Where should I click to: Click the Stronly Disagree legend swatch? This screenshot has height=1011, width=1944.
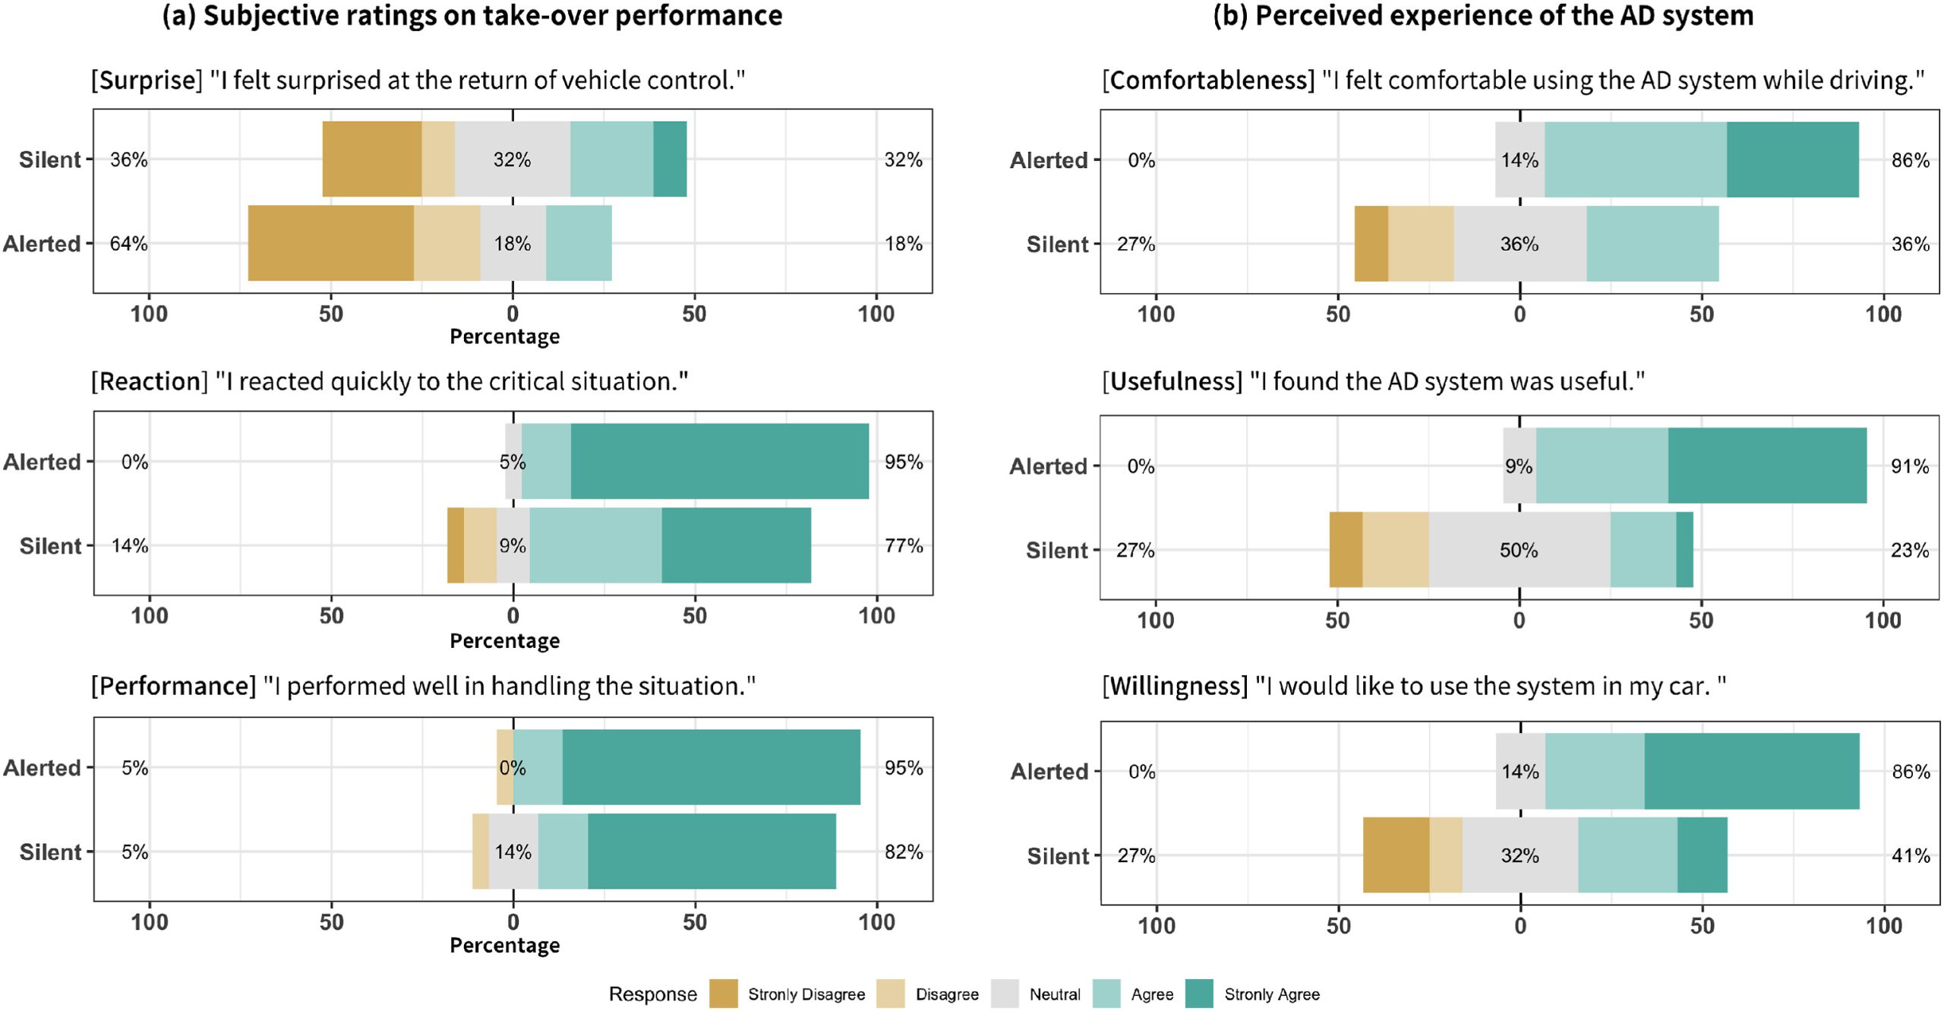click(723, 994)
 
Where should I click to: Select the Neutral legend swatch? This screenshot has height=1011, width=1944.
click(1004, 994)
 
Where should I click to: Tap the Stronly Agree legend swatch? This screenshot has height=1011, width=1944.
click(1199, 994)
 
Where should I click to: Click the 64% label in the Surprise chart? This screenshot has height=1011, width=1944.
click(128, 244)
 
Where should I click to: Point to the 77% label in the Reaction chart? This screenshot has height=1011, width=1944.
click(903, 545)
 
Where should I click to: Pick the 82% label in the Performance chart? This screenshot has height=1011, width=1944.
click(903, 851)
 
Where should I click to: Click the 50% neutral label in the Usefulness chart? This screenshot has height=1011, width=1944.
click(1518, 550)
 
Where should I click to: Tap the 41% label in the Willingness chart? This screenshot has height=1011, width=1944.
click(1911, 855)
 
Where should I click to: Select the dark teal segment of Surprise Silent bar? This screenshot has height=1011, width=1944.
click(670, 159)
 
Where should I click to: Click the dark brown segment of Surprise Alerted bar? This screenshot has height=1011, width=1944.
click(330, 243)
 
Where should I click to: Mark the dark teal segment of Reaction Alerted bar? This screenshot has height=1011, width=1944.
click(719, 461)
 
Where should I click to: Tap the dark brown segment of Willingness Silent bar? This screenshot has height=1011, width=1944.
click(1396, 855)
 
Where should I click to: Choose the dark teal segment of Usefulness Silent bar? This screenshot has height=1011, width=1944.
click(1684, 549)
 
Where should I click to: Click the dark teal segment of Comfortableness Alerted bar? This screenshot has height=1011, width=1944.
click(1792, 160)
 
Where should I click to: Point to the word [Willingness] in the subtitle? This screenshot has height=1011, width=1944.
click(1175, 686)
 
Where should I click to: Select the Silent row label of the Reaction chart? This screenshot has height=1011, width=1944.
click(50, 545)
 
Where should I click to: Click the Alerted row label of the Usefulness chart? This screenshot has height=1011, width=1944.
click(1048, 466)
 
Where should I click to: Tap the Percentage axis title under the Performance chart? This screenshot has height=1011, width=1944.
click(504, 945)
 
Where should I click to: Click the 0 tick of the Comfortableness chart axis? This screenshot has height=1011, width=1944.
click(1519, 314)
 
